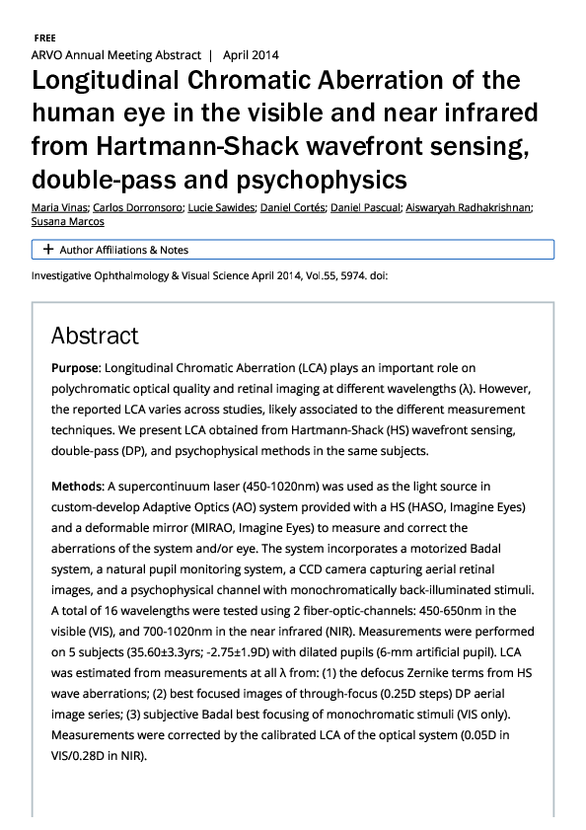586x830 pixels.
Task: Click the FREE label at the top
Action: tap(44, 37)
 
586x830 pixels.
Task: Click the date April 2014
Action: tap(250, 55)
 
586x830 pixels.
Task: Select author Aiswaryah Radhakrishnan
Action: tap(469, 207)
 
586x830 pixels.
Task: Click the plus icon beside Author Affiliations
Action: tap(47, 250)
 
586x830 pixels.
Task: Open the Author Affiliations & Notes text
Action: tap(123, 250)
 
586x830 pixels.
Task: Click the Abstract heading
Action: tap(95, 336)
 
